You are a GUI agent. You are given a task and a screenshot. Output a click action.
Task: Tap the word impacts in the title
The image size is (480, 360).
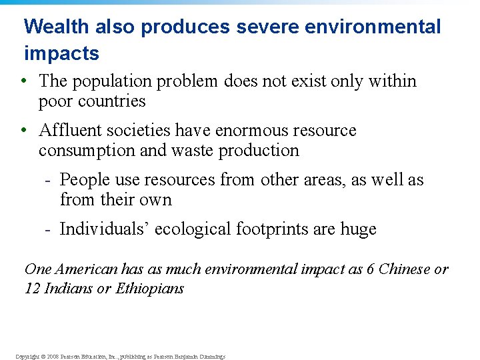61,53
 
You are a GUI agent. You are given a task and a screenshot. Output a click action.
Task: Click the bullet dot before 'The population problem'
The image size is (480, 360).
23,81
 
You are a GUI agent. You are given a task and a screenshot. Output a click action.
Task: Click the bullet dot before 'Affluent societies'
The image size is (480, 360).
23,130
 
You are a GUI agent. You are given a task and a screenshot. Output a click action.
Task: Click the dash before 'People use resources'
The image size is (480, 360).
48,180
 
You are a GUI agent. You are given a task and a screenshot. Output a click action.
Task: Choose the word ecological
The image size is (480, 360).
193,229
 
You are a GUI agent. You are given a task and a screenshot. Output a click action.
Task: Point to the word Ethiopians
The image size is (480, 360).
149,289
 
